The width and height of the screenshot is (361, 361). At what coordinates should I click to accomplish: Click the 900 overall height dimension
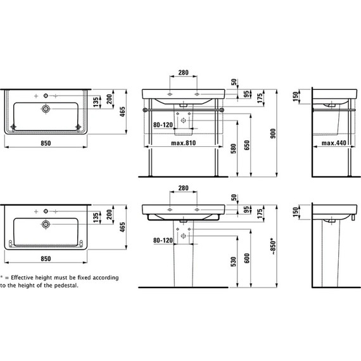(273, 134)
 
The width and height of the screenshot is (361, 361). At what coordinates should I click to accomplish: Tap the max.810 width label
(184, 143)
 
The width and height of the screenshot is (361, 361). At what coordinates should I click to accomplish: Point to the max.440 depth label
(334, 143)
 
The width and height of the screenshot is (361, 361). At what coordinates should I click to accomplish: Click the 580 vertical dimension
(233, 149)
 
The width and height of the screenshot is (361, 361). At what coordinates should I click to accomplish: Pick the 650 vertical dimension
(247, 145)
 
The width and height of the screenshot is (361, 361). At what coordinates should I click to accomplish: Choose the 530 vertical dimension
(233, 262)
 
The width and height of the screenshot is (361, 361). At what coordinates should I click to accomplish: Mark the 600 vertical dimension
(247, 258)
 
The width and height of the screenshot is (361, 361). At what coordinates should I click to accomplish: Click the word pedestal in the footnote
(66, 286)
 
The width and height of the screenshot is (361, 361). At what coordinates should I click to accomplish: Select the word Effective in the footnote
(22, 277)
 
